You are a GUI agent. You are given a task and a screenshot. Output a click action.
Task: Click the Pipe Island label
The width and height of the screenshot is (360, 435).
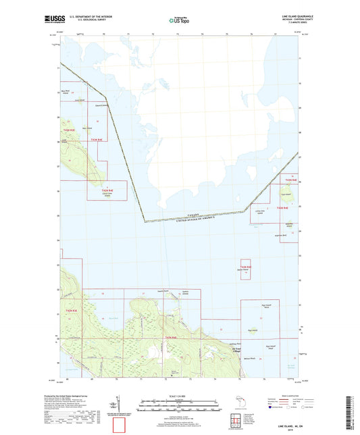pos(253,330)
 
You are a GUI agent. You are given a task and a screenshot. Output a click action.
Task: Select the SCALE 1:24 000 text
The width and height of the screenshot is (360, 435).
pos(179,394)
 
